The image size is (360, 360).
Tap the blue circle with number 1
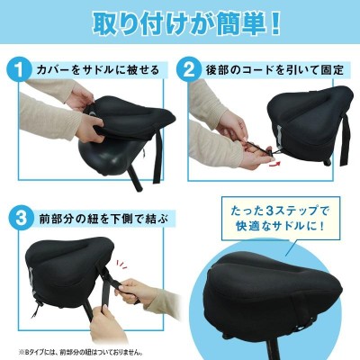point(20,69)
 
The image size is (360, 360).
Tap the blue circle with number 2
point(190,69)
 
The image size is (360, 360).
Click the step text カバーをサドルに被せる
point(97,70)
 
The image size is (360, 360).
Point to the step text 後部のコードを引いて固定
point(274,70)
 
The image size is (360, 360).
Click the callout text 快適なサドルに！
point(281,225)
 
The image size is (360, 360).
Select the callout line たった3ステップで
point(281,211)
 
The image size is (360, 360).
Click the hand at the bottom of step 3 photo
point(107,326)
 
